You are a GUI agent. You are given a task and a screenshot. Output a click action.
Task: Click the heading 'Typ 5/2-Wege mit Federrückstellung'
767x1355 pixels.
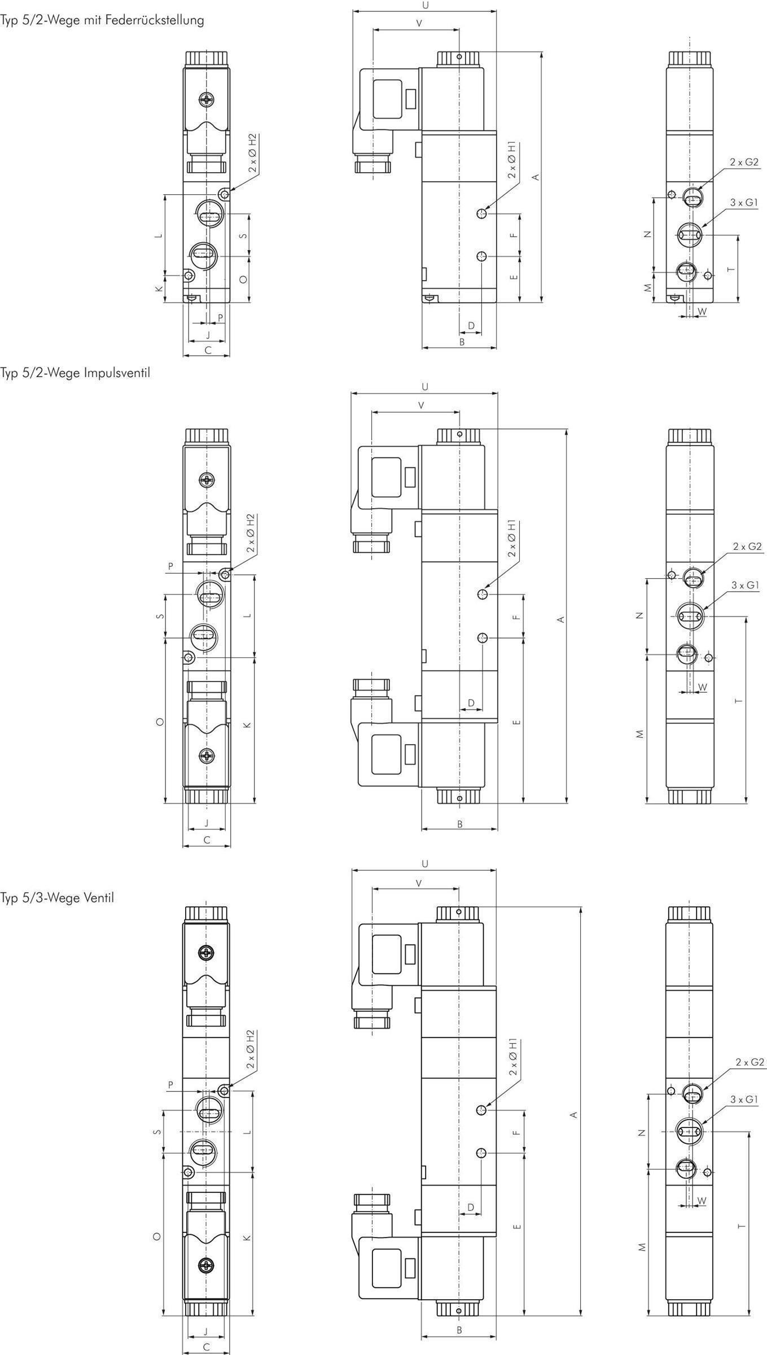(x=102, y=20)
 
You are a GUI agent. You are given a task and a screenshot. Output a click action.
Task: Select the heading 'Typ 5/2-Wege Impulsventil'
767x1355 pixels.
(x=76, y=373)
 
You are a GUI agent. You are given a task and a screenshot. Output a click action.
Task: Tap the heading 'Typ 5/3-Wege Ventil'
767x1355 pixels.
(x=57, y=898)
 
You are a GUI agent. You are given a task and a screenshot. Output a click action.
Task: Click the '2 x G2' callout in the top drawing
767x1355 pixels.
(x=744, y=162)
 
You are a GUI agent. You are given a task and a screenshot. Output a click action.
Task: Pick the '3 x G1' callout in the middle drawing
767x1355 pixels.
(x=746, y=585)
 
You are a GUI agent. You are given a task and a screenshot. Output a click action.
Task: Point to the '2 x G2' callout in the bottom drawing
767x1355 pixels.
(x=750, y=1062)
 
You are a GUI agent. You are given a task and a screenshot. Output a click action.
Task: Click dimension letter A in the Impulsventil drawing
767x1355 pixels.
(x=560, y=619)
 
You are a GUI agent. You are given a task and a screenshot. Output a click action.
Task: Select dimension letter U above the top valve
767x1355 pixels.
(x=425, y=5)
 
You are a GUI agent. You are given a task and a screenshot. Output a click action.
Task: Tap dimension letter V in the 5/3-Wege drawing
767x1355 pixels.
(x=418, y=884)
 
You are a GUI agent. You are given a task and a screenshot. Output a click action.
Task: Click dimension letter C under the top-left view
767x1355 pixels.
(x=208, y=350)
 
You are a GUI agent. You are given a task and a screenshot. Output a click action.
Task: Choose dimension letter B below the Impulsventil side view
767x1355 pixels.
(x=460, y=824)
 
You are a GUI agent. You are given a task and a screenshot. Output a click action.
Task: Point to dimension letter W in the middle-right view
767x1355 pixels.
(x=703, y=687)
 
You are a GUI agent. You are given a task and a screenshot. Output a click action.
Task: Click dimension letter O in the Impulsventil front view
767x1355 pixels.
(x=160, y=722)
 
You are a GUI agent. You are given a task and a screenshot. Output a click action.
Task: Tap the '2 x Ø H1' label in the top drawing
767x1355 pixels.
(x=512, y=160)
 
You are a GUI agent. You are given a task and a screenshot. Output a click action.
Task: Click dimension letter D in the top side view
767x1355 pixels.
(x=471, y=326)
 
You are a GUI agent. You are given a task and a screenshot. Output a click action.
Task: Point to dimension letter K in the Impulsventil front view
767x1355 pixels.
(x=247, y=725)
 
